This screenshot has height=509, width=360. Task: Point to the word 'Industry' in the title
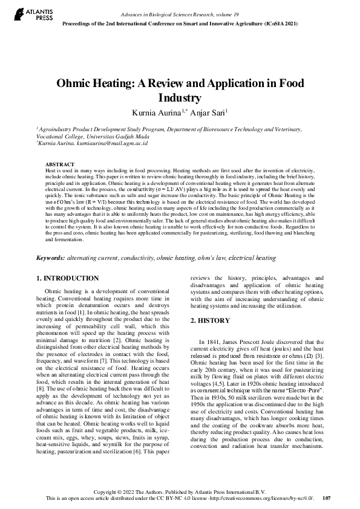coord(179,97)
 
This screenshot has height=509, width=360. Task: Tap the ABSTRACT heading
coord(60,164)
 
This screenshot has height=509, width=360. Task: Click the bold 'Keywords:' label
coord(50,258)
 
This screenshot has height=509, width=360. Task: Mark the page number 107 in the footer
coord(327,498)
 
